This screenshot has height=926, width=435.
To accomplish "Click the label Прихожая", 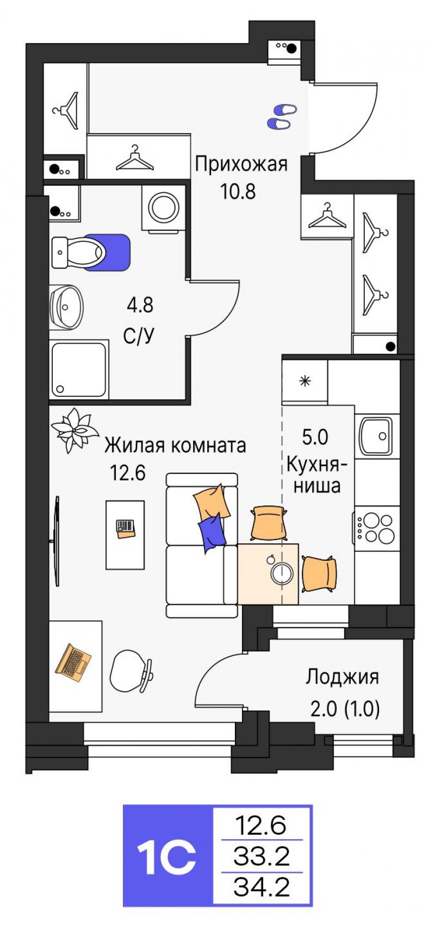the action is (241, 164).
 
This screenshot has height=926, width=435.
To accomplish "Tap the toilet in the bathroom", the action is (78, 252).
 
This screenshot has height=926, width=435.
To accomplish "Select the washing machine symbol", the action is (163, 207).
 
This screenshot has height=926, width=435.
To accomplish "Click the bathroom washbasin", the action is (66, 306).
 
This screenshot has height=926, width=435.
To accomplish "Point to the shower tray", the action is (78, 370).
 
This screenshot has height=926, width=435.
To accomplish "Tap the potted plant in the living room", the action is (74, 430).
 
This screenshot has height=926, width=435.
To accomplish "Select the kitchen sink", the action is (376, 436).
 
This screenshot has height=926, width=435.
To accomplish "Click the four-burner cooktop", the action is (376, 528).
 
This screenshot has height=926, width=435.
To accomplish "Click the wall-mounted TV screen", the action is (56, 541).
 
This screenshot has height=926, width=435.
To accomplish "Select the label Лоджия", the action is (342, 678).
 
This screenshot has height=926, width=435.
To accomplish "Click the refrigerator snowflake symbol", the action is (304, 381).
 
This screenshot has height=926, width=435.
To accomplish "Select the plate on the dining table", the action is (282, 573).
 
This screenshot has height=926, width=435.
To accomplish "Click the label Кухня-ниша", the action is (317, 475).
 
